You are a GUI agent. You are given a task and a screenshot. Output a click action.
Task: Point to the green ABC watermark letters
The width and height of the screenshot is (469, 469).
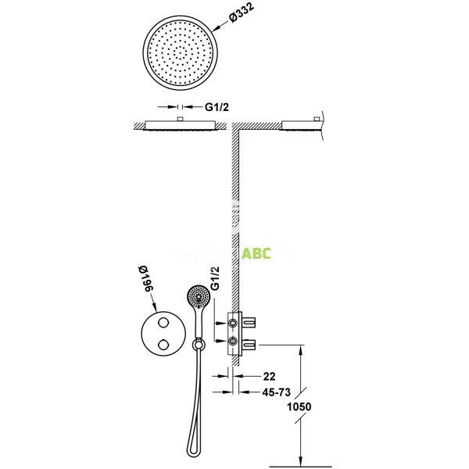(256, 253)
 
